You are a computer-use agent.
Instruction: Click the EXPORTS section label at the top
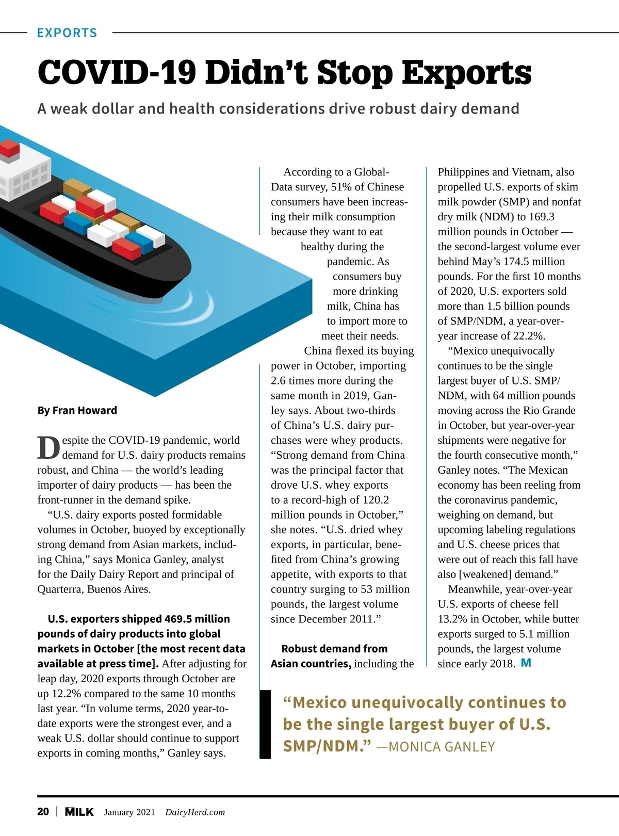(67, 33)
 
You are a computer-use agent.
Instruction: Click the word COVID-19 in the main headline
(117, 73)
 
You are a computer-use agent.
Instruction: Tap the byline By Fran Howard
(77, 410)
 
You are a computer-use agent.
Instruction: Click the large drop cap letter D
(48, 448)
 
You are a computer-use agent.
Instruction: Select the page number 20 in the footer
(43, 812)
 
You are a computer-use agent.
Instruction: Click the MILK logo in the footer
(79, 812)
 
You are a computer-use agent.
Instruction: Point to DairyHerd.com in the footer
(195, 812)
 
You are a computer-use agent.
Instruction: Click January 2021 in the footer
(129, 812)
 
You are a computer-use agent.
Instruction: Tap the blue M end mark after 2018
(526, 663)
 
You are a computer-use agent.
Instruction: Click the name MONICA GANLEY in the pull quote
(442, 747)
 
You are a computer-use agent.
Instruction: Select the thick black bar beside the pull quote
(265, 724)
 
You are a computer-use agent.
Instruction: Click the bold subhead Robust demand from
(334, 649)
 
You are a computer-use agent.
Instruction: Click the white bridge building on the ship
(23, 175)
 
